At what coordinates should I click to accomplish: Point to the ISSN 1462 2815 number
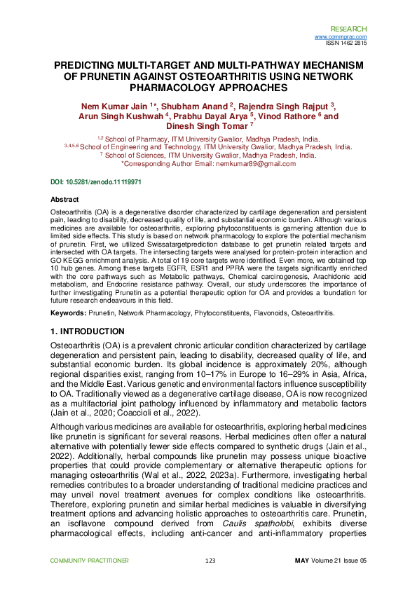(346, 43)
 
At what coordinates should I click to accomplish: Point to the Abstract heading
(65, 200)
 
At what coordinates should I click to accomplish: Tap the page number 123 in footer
(209, 561)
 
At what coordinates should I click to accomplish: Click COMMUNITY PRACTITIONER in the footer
(90, 561)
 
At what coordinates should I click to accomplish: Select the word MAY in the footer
(302, 561)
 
